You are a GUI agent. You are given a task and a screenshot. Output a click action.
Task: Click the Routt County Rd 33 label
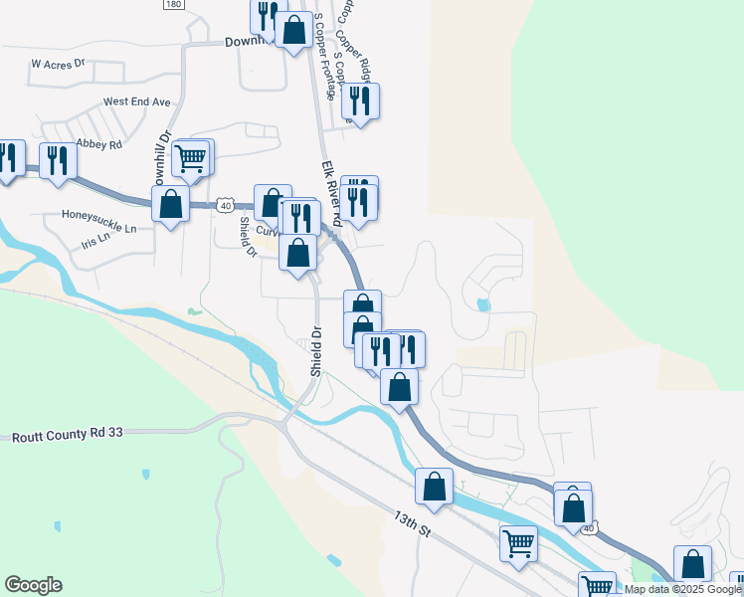pyautogui.click(x=67, y=436)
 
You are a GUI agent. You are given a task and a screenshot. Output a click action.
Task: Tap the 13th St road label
pyautogui.click(x=412, y=524)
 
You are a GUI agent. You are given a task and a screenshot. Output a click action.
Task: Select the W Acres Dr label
pyautogui.click(x=59, y=63)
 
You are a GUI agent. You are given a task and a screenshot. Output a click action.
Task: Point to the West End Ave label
pyautogui.click(x=137, y=101)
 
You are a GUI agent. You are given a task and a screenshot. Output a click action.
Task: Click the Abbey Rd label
pyautogui.click(x=97, y=144)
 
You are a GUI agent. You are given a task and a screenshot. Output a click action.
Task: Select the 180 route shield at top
pyautogui.click(x=174, y=5)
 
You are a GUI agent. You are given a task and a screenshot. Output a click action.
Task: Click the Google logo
pyautogui.click(x=33, y=585)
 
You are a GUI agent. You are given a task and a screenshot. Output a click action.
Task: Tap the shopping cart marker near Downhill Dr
pyautogui.click(x=191, y=157)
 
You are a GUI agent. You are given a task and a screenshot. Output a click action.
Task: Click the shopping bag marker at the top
pyautogui.click(x=293, y=31)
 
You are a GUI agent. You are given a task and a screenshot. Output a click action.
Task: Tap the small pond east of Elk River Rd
pyautogui.click(x=483, y=304)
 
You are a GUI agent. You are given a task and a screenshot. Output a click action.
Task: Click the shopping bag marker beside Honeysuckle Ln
pyautogui.click(x=171, y=205)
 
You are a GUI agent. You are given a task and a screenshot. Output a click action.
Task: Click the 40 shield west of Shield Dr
pyautogui.click(x=227, y=206)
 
